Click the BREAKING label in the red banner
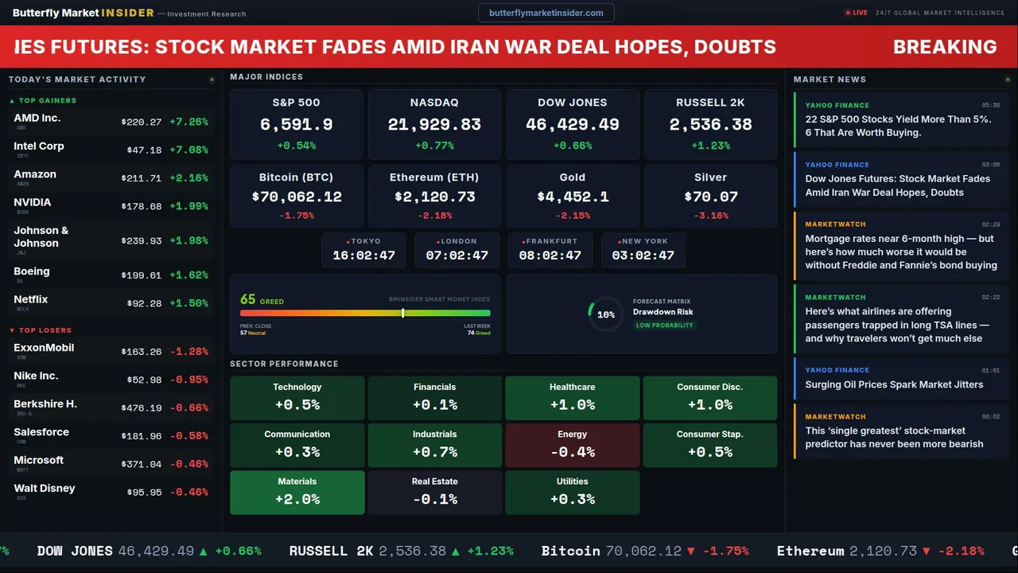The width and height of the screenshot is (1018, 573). (945, 47)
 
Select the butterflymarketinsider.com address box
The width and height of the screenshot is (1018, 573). (546, 13)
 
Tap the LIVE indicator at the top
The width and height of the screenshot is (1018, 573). (857, 13)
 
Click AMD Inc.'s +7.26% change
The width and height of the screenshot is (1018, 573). (188, 122)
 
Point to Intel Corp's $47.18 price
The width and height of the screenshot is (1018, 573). (144, 150)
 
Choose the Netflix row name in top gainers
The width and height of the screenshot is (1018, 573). (31, 299)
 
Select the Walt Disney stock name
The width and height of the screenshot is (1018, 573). (45, 488)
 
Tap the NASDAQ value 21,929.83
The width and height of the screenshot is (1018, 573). (434, 125)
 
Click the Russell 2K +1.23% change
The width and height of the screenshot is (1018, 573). (710, 146)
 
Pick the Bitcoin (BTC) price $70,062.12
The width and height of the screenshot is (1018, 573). (297, 197)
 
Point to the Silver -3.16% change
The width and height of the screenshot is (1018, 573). (710, 216)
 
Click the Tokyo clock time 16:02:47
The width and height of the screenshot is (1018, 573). (363, 255)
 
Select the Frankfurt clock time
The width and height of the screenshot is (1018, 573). (550, 255)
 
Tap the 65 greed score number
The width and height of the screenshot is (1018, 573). (248, 299)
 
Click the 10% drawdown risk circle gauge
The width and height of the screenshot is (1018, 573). (605, 314)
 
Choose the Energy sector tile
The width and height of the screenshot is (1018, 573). (573, 445)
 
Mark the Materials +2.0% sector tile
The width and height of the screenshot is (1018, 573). (297, 493)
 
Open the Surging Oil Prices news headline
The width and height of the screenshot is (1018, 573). (894, 384)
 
